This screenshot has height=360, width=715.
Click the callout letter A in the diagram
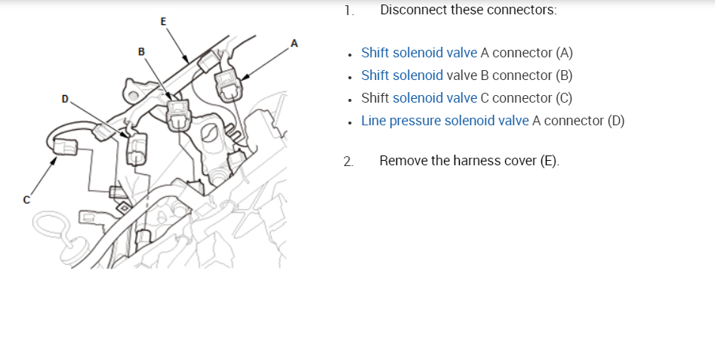coord(294,43)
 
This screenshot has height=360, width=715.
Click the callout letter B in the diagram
coord(141,51)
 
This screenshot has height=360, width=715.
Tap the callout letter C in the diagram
coord(26,199)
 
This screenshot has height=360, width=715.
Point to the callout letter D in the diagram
coord(65,99)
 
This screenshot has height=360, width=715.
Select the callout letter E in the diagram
coord(164,20)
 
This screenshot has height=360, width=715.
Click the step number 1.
coord(347,11)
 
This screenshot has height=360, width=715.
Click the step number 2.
coord(347,161)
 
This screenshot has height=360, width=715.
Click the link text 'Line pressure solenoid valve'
coord(445,121)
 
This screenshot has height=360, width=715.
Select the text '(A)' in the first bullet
coord(564,53)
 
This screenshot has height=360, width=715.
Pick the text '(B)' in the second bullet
coord(563,75)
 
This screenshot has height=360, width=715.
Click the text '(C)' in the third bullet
coord(563,98)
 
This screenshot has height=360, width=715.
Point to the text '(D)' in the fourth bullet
coord(615,121)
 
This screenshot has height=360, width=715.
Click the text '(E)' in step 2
coord(550,161)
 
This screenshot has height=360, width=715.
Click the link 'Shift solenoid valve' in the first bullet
coord(419,53)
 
